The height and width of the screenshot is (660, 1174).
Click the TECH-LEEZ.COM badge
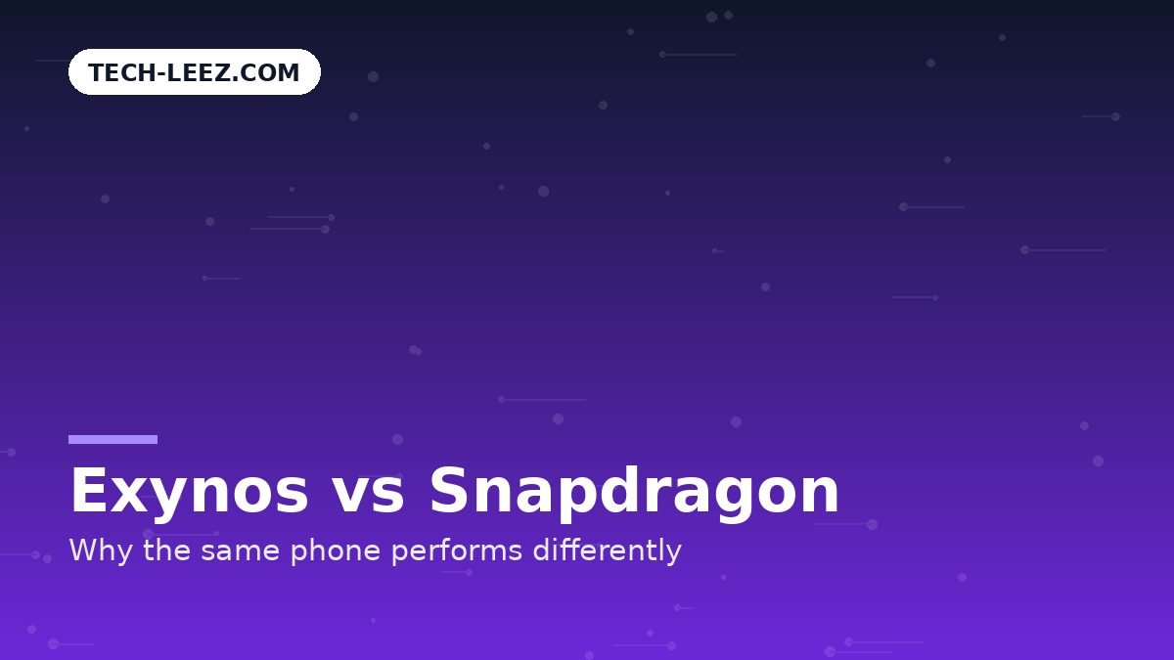click(x=195, y=71)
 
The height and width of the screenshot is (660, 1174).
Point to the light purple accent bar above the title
click(x=113, y=439)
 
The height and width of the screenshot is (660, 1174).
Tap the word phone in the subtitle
click(x=336, y=550)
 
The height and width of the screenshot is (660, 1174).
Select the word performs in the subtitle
click(x=457, y=550)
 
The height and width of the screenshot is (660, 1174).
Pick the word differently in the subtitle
click(x=607, y=550)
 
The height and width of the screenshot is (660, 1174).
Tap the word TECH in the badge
click(x=122, y=72)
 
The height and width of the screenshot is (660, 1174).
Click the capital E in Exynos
click(x=88, y=490)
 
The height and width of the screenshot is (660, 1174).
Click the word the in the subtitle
click(x=167, y=550)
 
